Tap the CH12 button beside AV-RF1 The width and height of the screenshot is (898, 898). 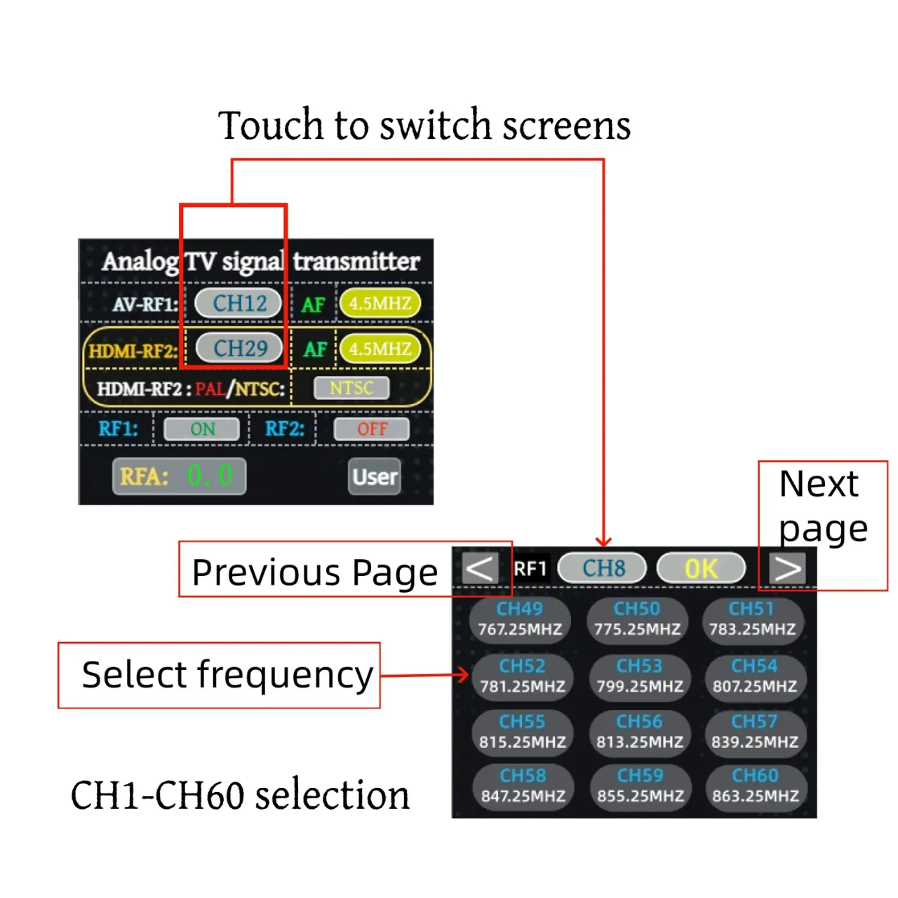(238, 303)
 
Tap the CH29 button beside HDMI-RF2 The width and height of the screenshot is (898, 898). (239, 348)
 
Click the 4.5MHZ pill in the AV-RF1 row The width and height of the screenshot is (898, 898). (380, 303)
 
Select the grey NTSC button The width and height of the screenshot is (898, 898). (351, 388)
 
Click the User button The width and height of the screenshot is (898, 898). (374, 476)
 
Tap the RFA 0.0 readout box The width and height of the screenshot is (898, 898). (179, 476)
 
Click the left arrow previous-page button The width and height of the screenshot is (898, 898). (480, 568)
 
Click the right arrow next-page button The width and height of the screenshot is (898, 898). (787, 568)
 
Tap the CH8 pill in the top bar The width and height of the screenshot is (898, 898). (602, 568)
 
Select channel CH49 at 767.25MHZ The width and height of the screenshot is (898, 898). (520, 619)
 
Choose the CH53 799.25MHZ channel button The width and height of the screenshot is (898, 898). (640, 676)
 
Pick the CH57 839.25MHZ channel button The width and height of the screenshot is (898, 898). (755, 732)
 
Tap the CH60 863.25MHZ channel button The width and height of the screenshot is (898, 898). (756, 786)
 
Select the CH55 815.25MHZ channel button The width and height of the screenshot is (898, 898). (523, 732)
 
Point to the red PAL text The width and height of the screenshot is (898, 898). (210, 389)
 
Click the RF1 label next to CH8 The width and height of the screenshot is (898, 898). (530, 568)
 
